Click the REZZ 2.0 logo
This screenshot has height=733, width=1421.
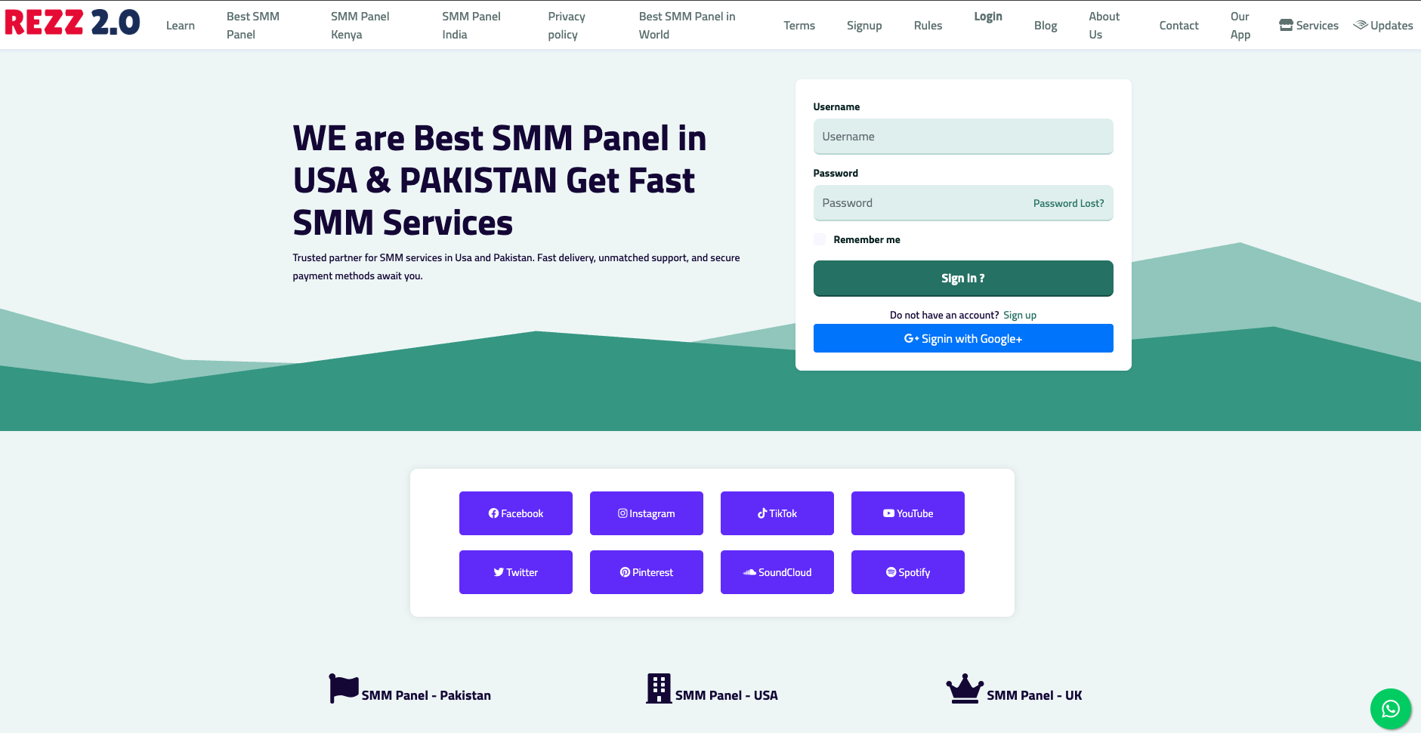tap(73, 23)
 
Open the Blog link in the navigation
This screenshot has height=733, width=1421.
tap(1046, 26)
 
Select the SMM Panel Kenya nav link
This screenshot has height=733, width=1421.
tap(360, 26)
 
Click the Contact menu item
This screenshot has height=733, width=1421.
tap(1179, 26)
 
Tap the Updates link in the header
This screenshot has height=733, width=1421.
tap(1383, 26)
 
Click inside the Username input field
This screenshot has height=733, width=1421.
tap(963, 137)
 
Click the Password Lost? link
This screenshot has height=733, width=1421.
tap(1068, 204)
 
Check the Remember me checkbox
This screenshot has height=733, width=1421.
tap(820, 239)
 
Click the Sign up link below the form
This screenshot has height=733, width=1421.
tap(1020, 316)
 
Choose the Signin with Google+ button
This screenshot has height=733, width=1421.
tap(963, 338)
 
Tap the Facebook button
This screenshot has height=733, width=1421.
tap(516, 513)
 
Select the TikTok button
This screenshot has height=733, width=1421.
tap(777, 513)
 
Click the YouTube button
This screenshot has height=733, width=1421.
tap(908, 513)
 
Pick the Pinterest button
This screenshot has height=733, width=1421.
tap(647, 572)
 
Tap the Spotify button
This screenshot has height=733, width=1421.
tap(908, 572)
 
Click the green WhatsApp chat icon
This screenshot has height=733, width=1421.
tap(1391, 709)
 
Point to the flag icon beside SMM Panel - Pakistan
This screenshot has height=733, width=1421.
tap(344, 688)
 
